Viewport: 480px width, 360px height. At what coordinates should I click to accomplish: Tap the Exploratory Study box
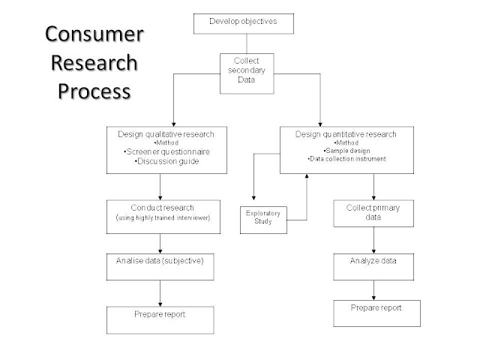click(263, 217)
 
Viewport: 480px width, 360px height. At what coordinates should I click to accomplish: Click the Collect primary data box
click(373, 212)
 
